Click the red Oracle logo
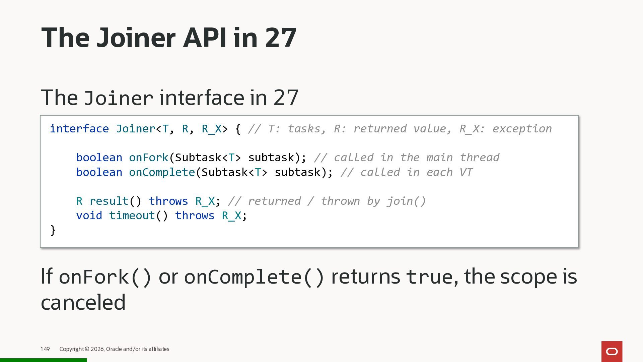click(612, 351)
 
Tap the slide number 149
click(45, 349)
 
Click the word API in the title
click(204, 38)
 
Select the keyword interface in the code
click(79, 129)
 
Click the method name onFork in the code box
click(148, 158)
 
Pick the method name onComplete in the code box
click(162, 172)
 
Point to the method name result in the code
click(109, 201)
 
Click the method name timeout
click(132, 216)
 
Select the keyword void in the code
click(89, 216)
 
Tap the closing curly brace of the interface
click(53, 230)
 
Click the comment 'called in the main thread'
click(407, 158)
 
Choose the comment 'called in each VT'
click(407, 172)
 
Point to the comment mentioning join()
click(327, 201)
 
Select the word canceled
click(83, 302)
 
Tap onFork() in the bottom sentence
click(105, 277)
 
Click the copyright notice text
click(114, 349)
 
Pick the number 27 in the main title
click(281, 38)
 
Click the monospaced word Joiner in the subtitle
click(119, 98)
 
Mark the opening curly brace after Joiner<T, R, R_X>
click(238, 129)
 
